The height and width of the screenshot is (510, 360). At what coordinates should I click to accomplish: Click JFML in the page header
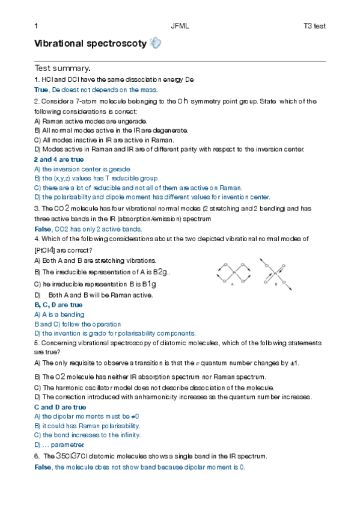click(x=179, y=26)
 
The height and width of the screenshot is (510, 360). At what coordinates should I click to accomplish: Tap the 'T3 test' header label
click(x=314, y=26)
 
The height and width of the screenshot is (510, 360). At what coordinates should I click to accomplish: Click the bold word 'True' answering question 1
click(x=41, y=90)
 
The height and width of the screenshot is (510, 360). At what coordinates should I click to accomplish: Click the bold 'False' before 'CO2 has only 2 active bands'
click(x=43, y=229)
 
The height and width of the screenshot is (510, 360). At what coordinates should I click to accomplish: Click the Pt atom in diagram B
click(x=275, y=274)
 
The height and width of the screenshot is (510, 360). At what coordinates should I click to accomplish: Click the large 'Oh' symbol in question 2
click(x=184, y=101)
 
